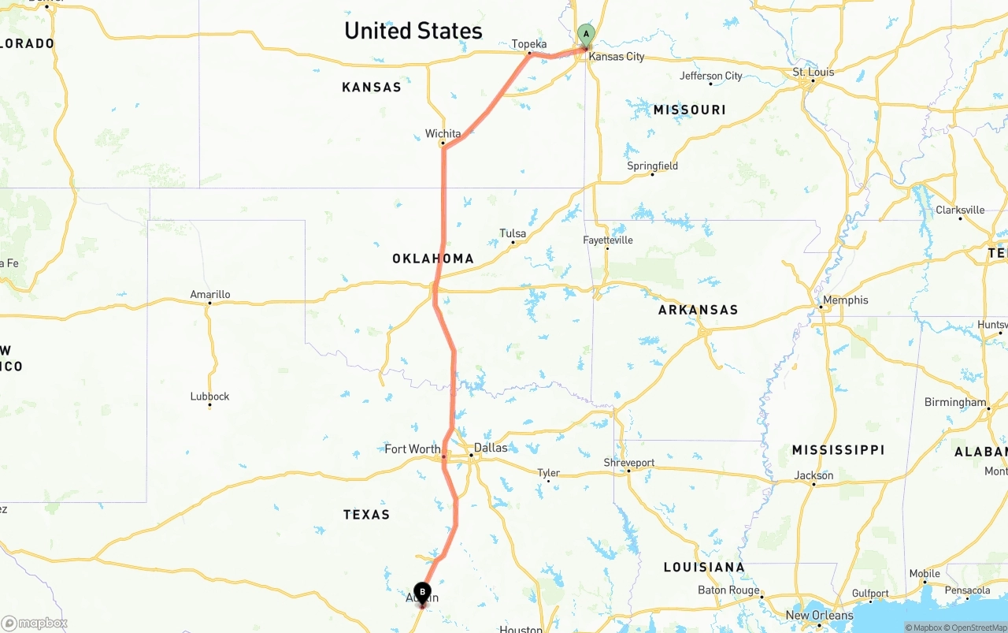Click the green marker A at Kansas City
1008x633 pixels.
tap(586, 35)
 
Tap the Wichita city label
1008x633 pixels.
tap(443, 134)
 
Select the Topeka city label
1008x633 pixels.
tap(529, 44)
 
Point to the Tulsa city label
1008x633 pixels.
tap(513, 233)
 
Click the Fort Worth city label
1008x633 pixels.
tap(413, 449)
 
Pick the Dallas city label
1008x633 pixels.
tap(491, 448)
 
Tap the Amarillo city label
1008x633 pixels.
tap(210, 295)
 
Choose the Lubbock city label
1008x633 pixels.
tap(209, 397)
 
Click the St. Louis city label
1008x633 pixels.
tap(813, 73)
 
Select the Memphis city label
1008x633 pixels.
tap(845, 300)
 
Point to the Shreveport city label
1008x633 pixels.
tap(629, 463)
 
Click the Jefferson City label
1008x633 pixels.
tap(711, 76)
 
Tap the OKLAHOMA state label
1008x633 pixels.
tap(433, 259)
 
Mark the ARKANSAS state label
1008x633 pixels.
tap(699, 310)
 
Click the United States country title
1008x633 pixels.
tap(413, 31)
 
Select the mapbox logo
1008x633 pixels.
tap(35, 623)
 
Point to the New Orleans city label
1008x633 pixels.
tap(819, 615)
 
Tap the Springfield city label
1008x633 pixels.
tap(652, 166)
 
